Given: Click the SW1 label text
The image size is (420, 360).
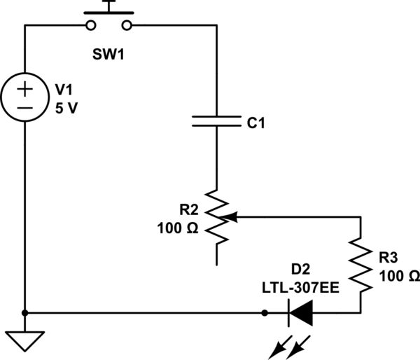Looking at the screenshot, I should point(108,54).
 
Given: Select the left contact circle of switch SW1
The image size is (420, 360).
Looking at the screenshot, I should point(91,26).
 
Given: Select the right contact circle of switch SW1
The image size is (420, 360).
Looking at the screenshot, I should point(127,26).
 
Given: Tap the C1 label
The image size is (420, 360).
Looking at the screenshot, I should point(256,123).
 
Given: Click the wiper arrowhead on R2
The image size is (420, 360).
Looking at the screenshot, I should point(232,218).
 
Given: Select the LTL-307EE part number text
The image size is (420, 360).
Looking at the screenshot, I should point(302,286).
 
